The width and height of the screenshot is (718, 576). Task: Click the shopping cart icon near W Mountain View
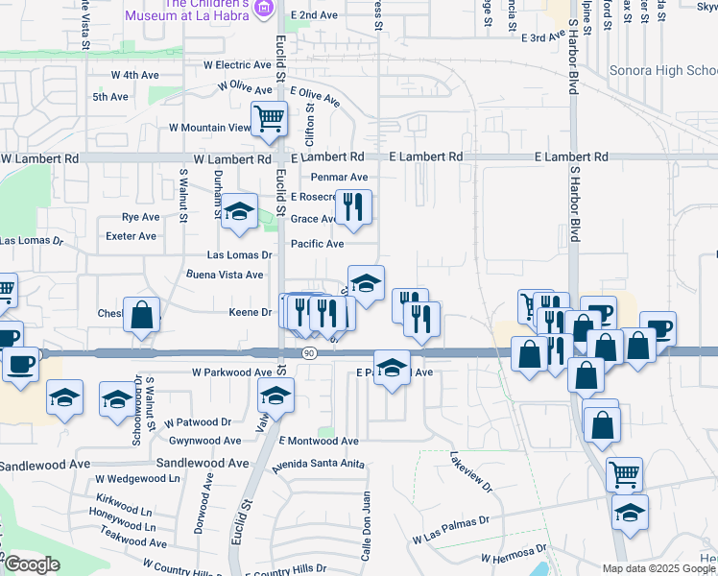coord(270,120)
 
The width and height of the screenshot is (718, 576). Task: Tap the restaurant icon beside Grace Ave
coord(353,207)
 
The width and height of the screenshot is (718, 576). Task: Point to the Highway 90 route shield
coord(308,353)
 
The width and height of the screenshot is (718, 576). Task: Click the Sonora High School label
coord(663,71)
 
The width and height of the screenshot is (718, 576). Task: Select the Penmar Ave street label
coord(340,178)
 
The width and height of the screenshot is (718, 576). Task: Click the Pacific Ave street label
coord(318,244)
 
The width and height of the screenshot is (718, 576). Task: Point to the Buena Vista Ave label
coord(225,275)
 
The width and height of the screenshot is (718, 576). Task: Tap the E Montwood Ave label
coord(319,441)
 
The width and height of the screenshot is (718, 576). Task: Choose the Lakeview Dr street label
coord(469,471)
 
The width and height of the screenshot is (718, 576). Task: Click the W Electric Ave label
coord(237,65)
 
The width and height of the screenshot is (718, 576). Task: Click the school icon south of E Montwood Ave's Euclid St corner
coord(275,395)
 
